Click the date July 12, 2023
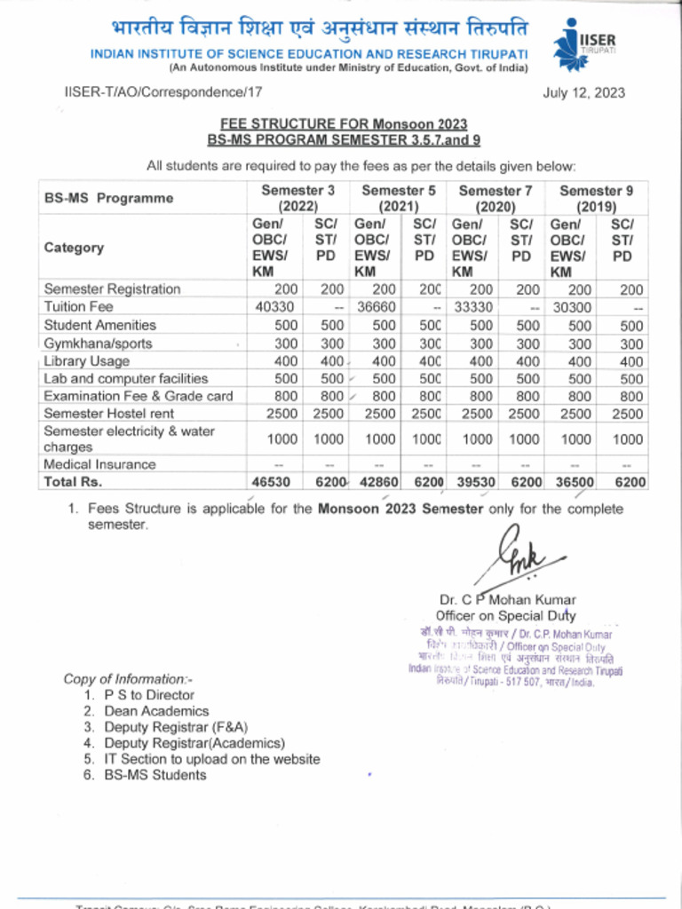click(x=583, y=92)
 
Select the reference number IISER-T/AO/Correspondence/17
click(x=163, y=91)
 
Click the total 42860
click(x=380, y=482)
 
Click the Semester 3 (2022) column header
click(x=297, y=197)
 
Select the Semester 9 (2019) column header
click(x=596, y=197)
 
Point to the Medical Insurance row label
click(x=99, y=464)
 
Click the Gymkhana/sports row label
click(x=98, y=344)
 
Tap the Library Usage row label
click(x=86, y=361)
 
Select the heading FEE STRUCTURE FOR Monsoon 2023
click(x=343, y=124)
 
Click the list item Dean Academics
click(x=156, y=711)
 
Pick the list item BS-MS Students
click(x=155, y=775)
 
